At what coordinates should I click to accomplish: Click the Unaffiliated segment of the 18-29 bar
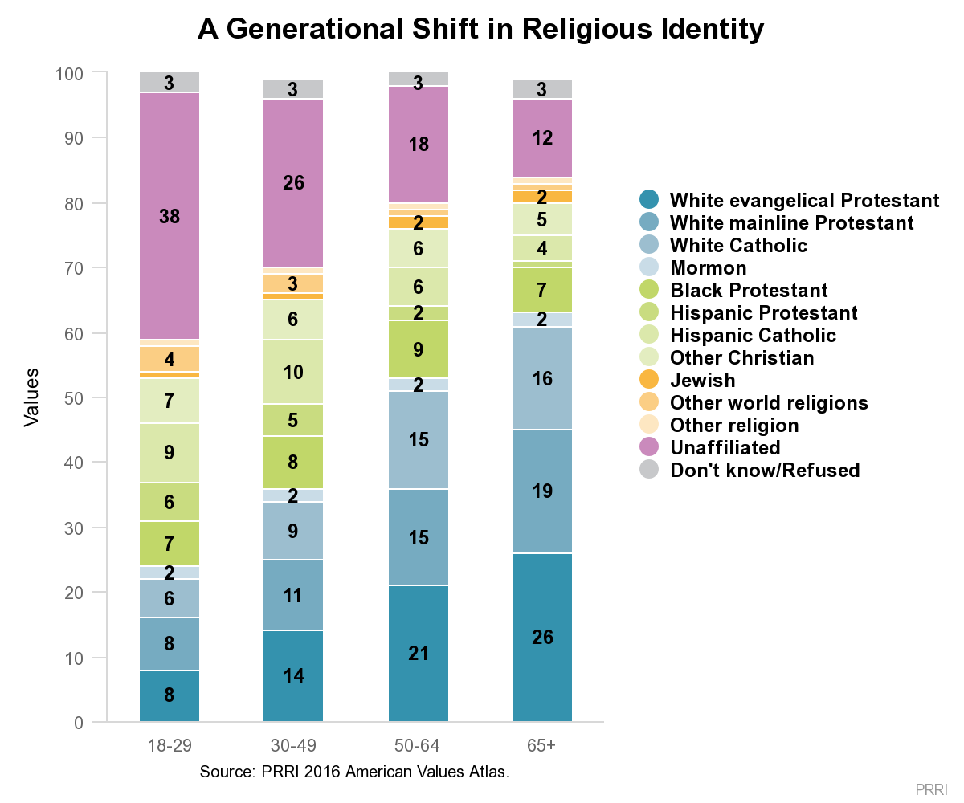coord(170,216)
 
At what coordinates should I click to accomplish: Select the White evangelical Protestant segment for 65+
coord(542,637)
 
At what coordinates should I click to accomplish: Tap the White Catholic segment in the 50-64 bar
coord(419,440)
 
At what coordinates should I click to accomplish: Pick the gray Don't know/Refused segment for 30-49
coord(293,89)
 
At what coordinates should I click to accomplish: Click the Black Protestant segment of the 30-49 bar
coord(293,462)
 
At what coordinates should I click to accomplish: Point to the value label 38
coord(170,216)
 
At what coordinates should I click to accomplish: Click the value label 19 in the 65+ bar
coord(542,491)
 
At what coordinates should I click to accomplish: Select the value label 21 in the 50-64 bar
coord(419,654)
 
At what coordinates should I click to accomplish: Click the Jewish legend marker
coord(649,379)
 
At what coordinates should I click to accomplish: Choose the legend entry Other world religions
coord(754,402)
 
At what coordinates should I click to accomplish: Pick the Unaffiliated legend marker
coord(649,446)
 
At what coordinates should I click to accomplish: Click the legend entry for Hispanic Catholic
coord(737,335)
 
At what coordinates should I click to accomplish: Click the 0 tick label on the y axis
coord(79,722)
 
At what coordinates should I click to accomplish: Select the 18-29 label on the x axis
coord(170,745)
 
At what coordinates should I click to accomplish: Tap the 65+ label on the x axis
coord(541,745)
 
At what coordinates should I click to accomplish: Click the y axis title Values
coord(31,397)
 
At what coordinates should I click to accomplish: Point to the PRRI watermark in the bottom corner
coord(931,789)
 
